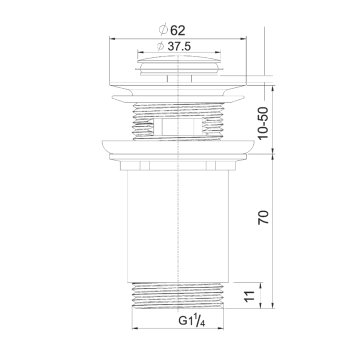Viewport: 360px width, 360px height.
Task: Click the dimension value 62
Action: coord(178,31)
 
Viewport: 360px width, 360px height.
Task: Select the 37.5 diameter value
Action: coord(179,47)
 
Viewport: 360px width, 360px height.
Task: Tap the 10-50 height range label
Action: coord(263,123)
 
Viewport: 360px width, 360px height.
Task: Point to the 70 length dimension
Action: coord(263,217)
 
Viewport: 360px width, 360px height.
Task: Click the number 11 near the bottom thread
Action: coord(250,295)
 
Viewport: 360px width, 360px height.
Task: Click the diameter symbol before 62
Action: coord(163,31)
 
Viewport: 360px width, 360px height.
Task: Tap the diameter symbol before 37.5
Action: coord(161,47)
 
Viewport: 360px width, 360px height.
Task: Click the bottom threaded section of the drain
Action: coord(178,295)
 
